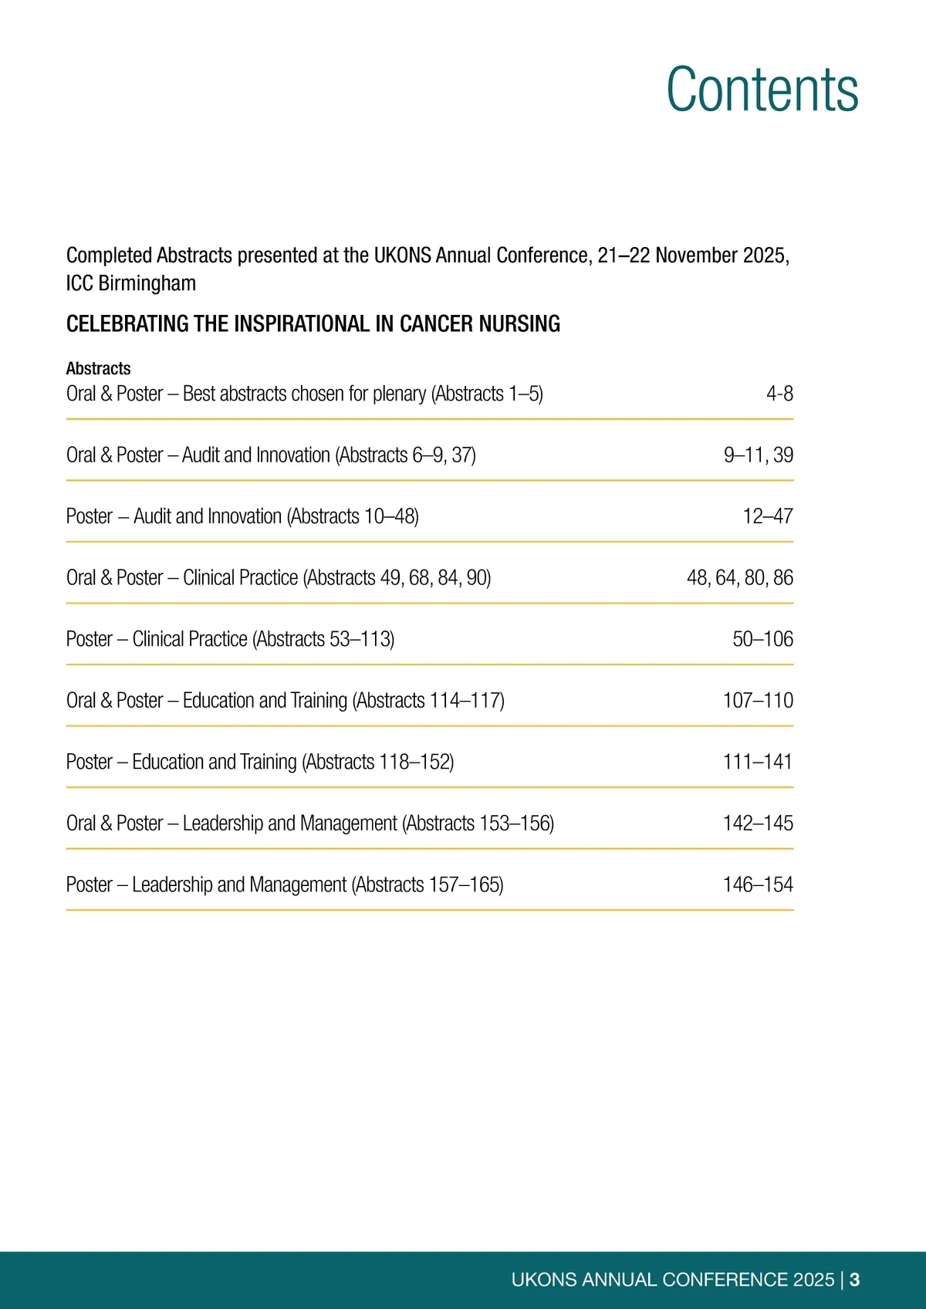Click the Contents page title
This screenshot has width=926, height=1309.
click(762, 89)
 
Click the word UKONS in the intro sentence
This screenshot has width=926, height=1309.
click(402, 255)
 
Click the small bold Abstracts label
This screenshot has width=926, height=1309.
click(98, 368)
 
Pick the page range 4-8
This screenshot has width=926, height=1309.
click(779, 394)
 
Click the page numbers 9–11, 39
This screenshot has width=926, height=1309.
click(758, 455)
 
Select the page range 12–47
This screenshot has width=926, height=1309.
click(767, 516)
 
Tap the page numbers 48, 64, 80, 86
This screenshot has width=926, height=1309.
click(739, 577)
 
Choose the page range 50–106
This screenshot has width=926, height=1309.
click(762, 639)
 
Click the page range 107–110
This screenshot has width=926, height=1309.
click(758, 700)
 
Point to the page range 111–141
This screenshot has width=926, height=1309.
click(758, 762)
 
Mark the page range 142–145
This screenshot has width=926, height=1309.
click(758, 823)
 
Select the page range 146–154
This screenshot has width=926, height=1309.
click(758, 885)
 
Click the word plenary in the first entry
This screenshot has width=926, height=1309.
click(399, 394)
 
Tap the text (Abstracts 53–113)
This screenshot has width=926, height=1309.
click(323, 639)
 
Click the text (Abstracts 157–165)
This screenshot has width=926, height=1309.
click(428, 885)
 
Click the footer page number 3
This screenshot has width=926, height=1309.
click(855, 1280)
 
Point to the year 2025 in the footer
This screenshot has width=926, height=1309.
click(813, 1280)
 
